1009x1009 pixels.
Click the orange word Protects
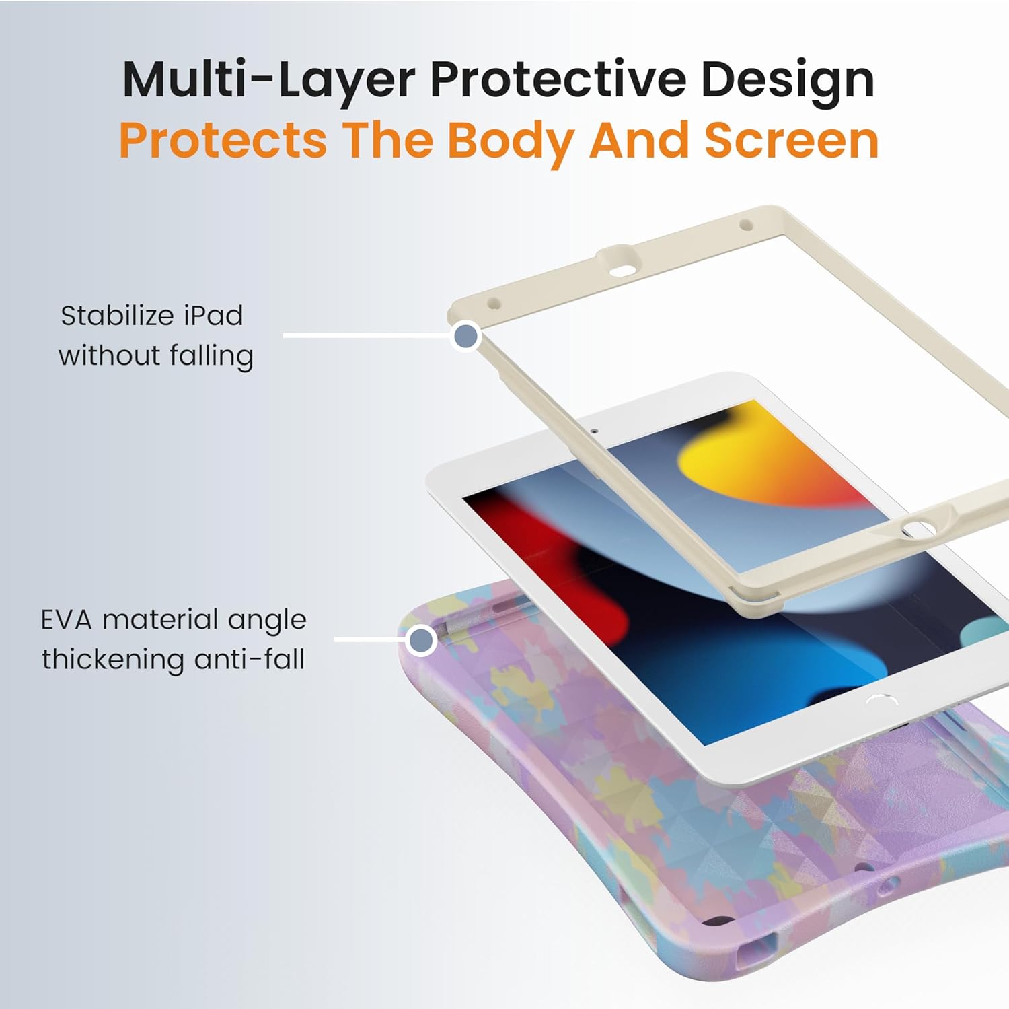[223, 141]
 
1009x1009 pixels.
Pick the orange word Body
[511, 141]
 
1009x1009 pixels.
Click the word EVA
[66, 619]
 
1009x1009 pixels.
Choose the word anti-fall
[250, 659]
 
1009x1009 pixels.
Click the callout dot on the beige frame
[466, 336]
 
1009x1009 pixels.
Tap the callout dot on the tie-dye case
[422, 639]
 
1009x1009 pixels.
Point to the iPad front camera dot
[594, 430]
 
